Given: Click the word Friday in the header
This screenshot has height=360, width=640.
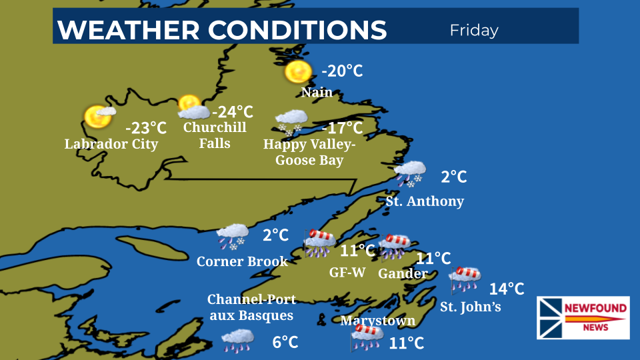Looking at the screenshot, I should tap(474, 30).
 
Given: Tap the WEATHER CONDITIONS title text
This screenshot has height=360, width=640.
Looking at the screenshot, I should tap(222, 30).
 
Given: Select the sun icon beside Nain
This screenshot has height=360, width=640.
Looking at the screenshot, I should tap(297, 72).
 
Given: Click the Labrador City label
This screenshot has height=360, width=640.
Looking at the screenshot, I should tap(111, 144).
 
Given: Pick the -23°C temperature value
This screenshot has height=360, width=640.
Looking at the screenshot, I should tap(145, 127).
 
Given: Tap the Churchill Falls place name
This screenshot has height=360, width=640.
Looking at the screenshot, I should tap(215, 135).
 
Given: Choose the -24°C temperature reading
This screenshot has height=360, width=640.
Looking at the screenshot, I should tap(232, 111).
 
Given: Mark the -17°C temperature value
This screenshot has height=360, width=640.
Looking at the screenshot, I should tap(342, 127).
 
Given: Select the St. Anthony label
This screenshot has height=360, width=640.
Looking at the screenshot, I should tap(425, 201).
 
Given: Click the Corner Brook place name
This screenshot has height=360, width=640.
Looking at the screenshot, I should tap(242, 261).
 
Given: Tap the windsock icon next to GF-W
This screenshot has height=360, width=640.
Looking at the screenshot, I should tap(320, 242).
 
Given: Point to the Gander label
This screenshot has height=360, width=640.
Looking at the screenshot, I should tap(403, 273).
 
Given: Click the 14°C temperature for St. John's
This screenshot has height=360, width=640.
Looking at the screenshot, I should tap(507, 289).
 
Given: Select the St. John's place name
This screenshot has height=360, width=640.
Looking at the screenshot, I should tap(470, 307).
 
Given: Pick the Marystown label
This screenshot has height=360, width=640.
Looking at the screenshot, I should tap(377, 321).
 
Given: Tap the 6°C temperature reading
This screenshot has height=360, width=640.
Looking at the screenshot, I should tap(285, 342).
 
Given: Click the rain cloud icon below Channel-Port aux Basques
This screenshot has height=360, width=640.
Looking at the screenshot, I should tap(237, 340).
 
